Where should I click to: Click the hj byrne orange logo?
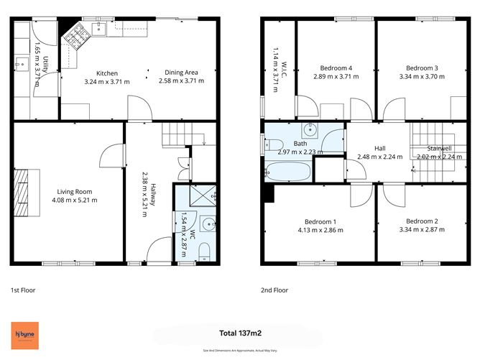(27, 334)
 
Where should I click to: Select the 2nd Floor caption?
(275, 291)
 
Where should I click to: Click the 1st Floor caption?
(23, 291)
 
